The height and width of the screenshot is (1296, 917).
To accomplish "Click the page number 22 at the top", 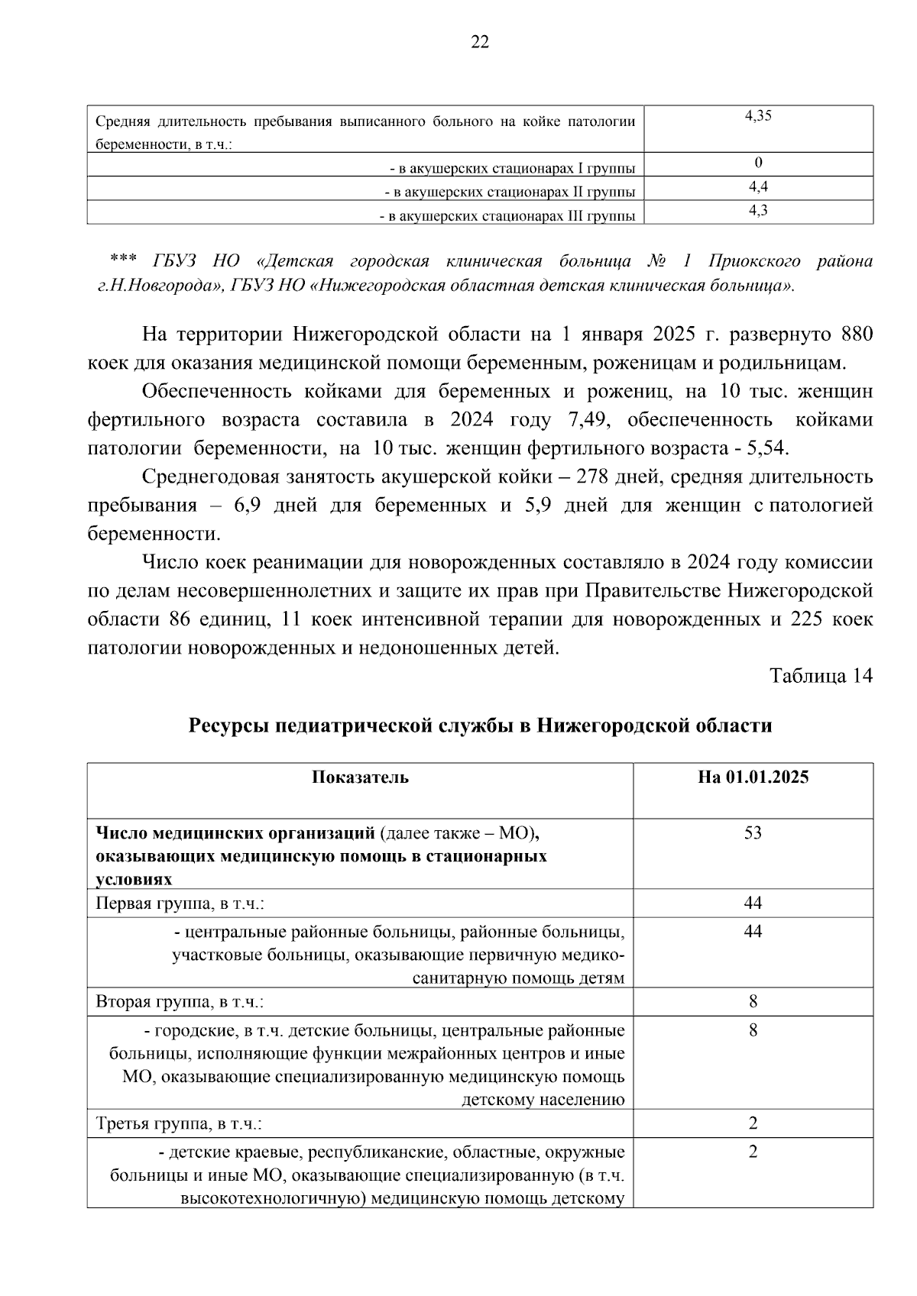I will click(480, 43).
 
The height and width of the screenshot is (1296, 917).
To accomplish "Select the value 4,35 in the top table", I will click(757, 116).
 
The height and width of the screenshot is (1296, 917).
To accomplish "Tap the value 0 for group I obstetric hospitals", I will click(757, 163).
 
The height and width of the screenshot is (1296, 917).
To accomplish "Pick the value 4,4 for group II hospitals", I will click(757, 186).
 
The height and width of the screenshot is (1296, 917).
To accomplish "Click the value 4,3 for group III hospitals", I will click(757, 210).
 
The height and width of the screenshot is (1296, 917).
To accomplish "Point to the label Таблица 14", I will click(821, 676).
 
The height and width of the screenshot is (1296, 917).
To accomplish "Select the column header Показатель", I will click(360, 777).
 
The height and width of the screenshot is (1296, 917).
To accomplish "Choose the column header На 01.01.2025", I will click(753, 777).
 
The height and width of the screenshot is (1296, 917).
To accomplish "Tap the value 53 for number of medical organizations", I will click(753, 832).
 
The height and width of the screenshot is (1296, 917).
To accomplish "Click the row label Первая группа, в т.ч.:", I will click(180, 903).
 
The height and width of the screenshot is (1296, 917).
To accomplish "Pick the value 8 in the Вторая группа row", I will click(753, 1001).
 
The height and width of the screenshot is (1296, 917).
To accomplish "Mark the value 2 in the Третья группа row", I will click(753, 1123).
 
